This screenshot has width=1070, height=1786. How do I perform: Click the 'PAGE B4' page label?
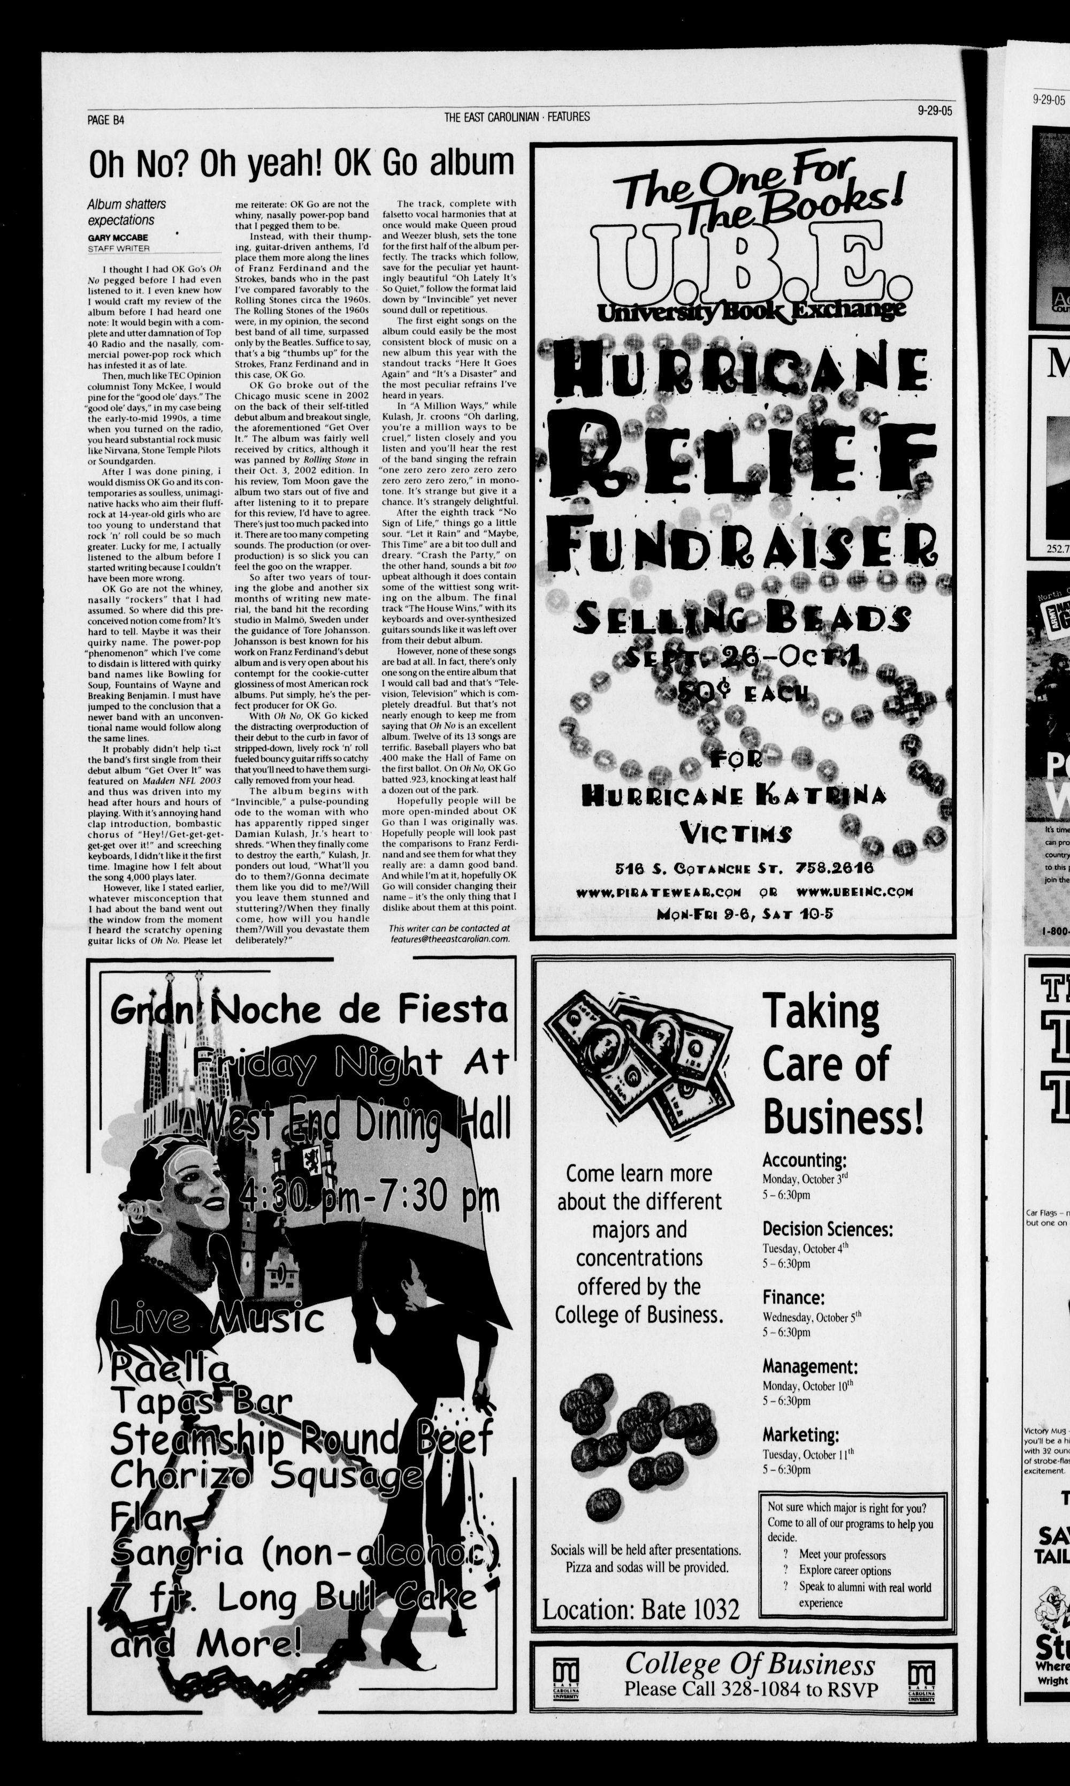(x=105, y=120)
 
